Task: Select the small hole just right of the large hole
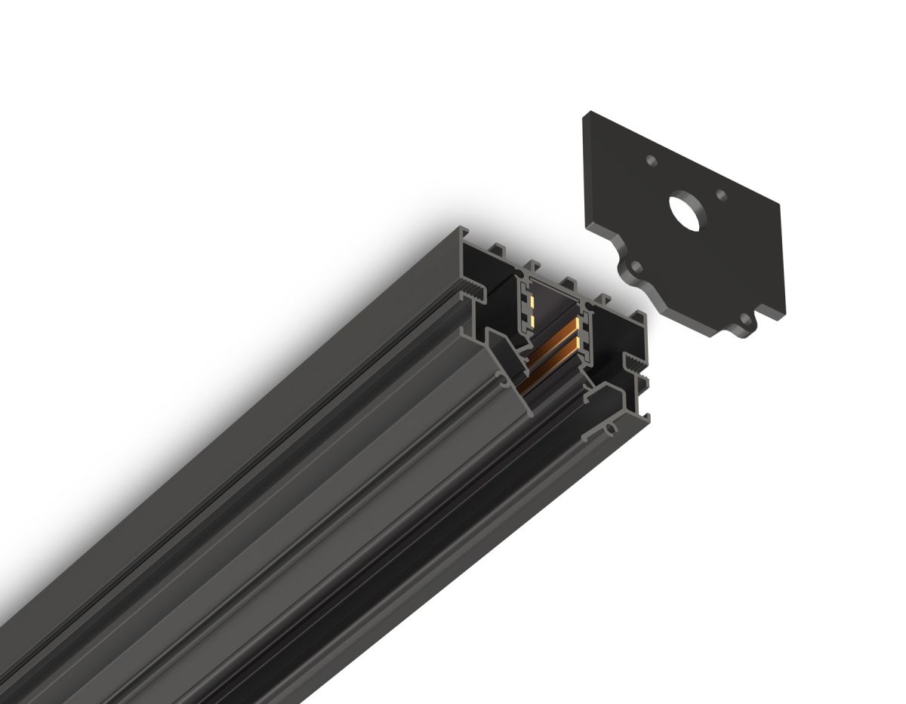(x=722, y=195)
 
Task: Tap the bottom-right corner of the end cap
(x=785, y=315)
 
